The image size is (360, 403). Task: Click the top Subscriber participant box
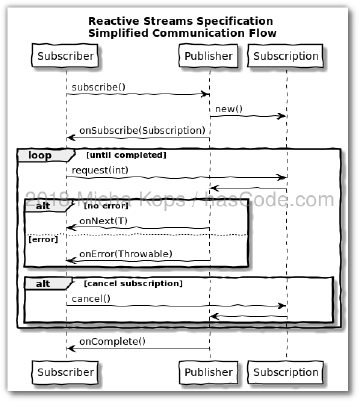65,56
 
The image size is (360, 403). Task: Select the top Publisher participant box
210,56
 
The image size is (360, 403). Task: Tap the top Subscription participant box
286,56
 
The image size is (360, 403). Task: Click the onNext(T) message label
104,220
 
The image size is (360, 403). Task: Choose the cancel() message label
91,299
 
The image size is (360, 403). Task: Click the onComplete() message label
112,342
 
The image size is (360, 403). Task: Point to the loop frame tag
40,155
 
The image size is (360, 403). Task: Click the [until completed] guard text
126,155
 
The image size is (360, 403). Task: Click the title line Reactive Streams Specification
179,20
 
